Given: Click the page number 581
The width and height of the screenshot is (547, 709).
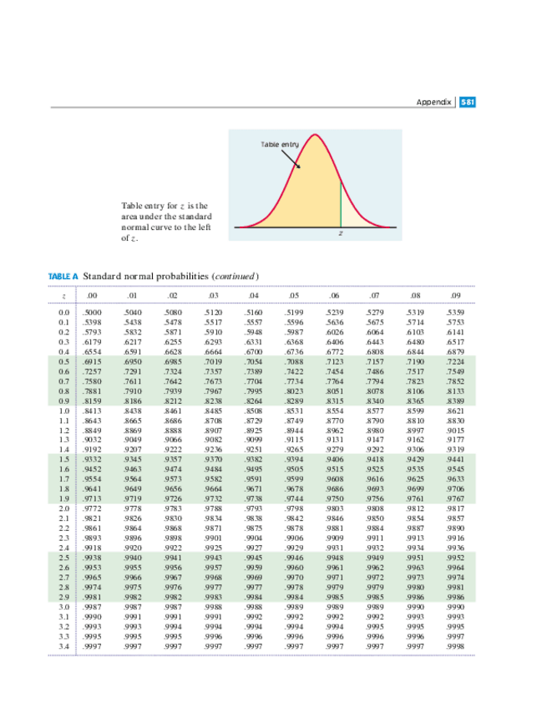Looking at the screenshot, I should pyautogui.click(x=467, y=102).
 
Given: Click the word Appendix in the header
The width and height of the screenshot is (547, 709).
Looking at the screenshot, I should pyautogui.click(x=434, y=102).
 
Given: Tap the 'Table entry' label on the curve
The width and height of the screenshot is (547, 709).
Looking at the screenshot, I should pyautogui.click(x=290, y=146).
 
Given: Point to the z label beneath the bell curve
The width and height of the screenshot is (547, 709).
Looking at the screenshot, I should pyautogui.click(x=340, y=235).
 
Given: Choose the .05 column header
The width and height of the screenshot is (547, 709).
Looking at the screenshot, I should pyautogui.click(x=293, y=294).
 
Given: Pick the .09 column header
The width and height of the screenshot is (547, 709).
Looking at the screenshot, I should pyautogui.click(x=455, y=294).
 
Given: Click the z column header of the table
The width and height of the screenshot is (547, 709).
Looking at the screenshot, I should pyautogui.click(x=63, y=294).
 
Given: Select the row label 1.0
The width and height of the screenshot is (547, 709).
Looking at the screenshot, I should pyautogui.click(x=63, y=412).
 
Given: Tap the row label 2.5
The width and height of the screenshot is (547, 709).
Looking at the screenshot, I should pyautogui.click(x=63, y=557).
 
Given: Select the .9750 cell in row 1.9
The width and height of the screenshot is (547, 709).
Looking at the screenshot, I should pyautogui.click(x=334, y=499).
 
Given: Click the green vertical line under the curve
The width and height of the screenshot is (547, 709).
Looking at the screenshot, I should pyautogui.click(x=340, y=203).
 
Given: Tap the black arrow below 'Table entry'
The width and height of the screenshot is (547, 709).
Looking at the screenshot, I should pyautogui.click(x=296, y=161).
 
